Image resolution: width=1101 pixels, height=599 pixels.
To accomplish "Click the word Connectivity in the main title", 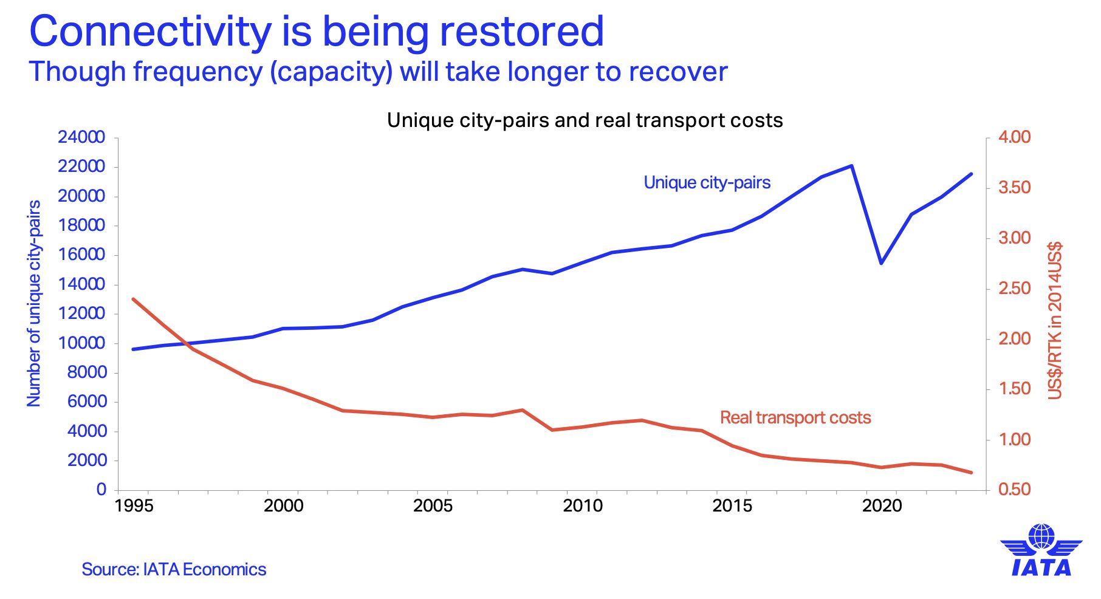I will pyautogui.click(x=149, y=32).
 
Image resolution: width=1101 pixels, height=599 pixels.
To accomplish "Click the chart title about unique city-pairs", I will pyautogui.click(x=585, y=120).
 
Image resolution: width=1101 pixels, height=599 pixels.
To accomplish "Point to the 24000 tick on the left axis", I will pyautogui.click(x=81, y=137).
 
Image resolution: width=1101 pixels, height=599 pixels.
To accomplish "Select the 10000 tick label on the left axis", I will pyautogui.click(x=81, y=343).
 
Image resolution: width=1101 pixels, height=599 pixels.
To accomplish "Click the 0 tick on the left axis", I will pyautogui.click(x=101, y=490).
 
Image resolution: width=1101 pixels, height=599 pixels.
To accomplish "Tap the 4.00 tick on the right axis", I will pyautogui.click(x=1015, y=137).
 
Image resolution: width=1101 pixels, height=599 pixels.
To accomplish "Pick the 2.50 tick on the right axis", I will pyautogui.click(x=1015, y=289).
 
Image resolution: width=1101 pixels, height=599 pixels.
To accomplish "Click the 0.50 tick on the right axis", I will pyautogui.click(x=1015, y=490).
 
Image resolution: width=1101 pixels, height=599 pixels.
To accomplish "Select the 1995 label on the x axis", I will pyautogui.click(x=134, y=505).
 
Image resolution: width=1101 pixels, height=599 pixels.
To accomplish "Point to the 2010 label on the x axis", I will pyautogui.click(x=583, y=505).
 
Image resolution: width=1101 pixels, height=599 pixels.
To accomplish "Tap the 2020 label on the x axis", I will pyautogui.click(x=882, y=505).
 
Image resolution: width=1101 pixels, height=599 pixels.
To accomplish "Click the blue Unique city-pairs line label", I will pyautogui.click(x=707, y=183).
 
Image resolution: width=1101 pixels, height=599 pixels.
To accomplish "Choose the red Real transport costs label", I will pyautogui.click(x=795, y=418).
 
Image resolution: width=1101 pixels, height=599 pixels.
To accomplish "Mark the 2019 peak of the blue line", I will pyautogui.click(x=852, y=166).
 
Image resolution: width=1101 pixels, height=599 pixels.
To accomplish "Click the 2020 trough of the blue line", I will pyautogui.click(x=881, y=262).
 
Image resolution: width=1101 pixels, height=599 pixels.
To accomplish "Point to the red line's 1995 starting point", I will pyautogui.click(x=134, y=299).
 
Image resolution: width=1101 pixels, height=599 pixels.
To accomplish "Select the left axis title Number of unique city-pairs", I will pyautogui.click(x=34, y=304).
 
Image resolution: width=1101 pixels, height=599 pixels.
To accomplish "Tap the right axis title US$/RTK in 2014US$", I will pyautogui.click(x=1055, y=321).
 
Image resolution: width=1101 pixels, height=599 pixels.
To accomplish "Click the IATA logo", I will pyautogui.click(x=1041, y=550).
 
